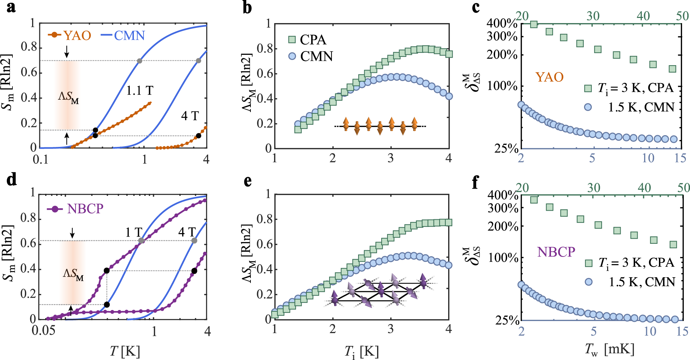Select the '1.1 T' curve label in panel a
139,91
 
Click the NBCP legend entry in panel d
76,209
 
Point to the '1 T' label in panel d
134,232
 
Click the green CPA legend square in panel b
292,40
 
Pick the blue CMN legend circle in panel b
292,56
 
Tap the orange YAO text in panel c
549,77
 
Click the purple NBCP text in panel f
556,252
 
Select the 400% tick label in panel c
501,23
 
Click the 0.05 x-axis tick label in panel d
43,331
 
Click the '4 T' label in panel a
190,116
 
